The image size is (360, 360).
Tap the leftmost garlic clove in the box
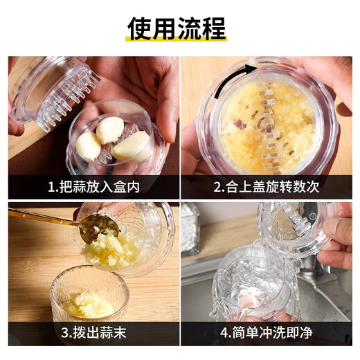coord(88,145)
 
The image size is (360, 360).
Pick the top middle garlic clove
coord(109,129)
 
